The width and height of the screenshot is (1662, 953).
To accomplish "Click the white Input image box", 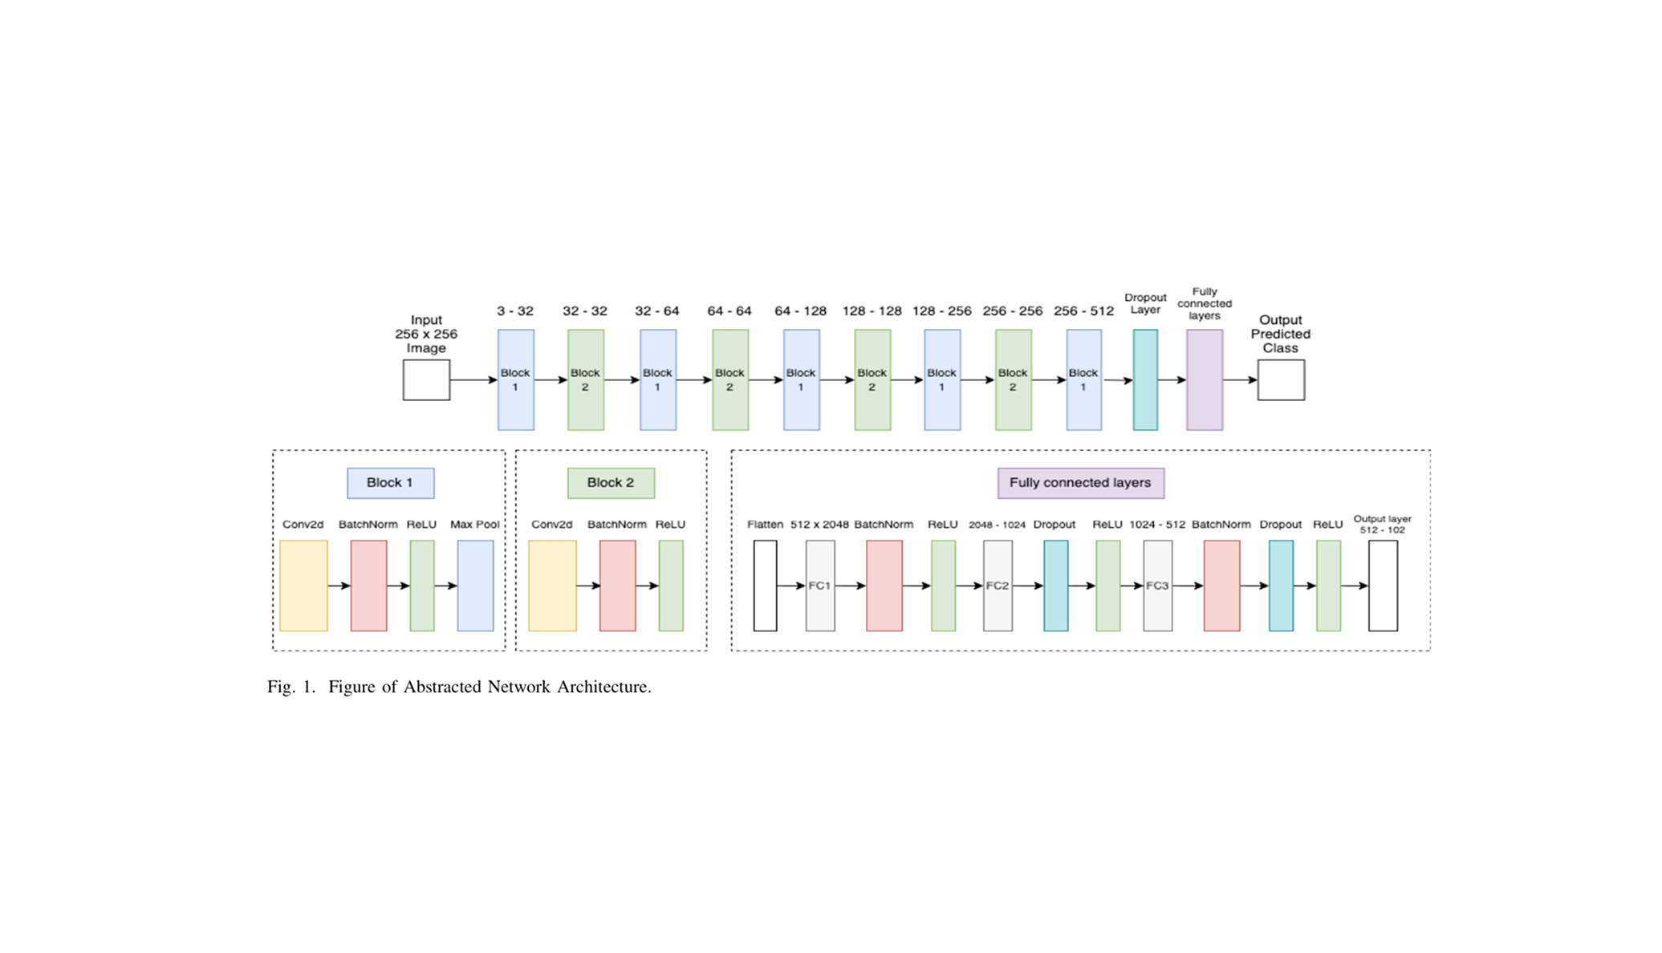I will (426, 379).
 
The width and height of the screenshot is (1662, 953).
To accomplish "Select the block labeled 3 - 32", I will (515, 379).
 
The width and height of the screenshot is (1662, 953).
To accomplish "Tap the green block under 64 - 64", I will (730, 379).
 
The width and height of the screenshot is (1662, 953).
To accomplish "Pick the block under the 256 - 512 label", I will (1083, 379).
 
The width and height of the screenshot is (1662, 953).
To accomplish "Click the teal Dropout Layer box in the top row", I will (1145, 379).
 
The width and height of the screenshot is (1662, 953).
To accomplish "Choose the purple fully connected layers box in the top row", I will (1205, 379).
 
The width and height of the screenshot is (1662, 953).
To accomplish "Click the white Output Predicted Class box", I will (1281, 379).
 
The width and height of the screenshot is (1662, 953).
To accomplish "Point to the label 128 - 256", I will (941, 311).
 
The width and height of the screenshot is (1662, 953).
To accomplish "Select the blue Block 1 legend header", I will (391, 483).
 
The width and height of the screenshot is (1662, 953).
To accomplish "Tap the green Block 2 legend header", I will (611, 483).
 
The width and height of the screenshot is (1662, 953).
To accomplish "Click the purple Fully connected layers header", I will (1080, 483).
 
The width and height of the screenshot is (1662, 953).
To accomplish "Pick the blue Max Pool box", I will (475, 586).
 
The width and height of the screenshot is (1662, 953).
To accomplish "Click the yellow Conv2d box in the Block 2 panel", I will (552, 586).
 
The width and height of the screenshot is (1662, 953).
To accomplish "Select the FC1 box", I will (820, 586).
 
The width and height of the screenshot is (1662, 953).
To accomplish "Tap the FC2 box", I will (998, 586).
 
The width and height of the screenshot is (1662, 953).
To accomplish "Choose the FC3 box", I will (1157, 586).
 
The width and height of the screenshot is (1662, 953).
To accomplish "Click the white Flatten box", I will (765, 586).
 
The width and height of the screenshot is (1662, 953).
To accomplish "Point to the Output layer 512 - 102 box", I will (1383, 586).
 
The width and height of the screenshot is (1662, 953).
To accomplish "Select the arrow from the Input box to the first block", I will (473, 379).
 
